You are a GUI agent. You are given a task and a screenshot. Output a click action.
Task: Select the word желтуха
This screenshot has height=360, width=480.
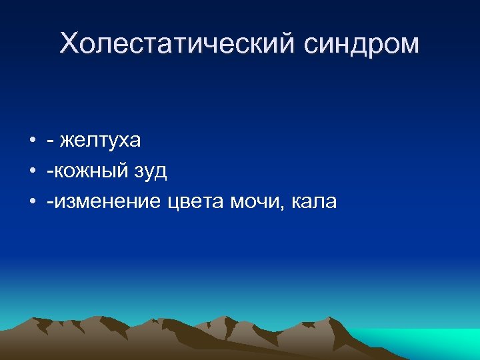(100, 141)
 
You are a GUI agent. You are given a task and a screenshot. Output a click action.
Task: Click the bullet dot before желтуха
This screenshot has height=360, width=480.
(31, 141)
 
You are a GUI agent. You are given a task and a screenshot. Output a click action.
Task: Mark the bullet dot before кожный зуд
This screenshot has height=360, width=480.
(31, 171)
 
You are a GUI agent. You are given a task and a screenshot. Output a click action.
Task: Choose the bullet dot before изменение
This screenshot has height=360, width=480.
(31, 201)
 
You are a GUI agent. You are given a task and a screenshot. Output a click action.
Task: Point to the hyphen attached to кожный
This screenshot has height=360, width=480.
(50, 172)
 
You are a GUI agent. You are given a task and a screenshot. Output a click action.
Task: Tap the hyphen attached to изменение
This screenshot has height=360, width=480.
(50, 201)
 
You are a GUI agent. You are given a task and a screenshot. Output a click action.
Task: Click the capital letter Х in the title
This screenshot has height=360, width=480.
(69, 44)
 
